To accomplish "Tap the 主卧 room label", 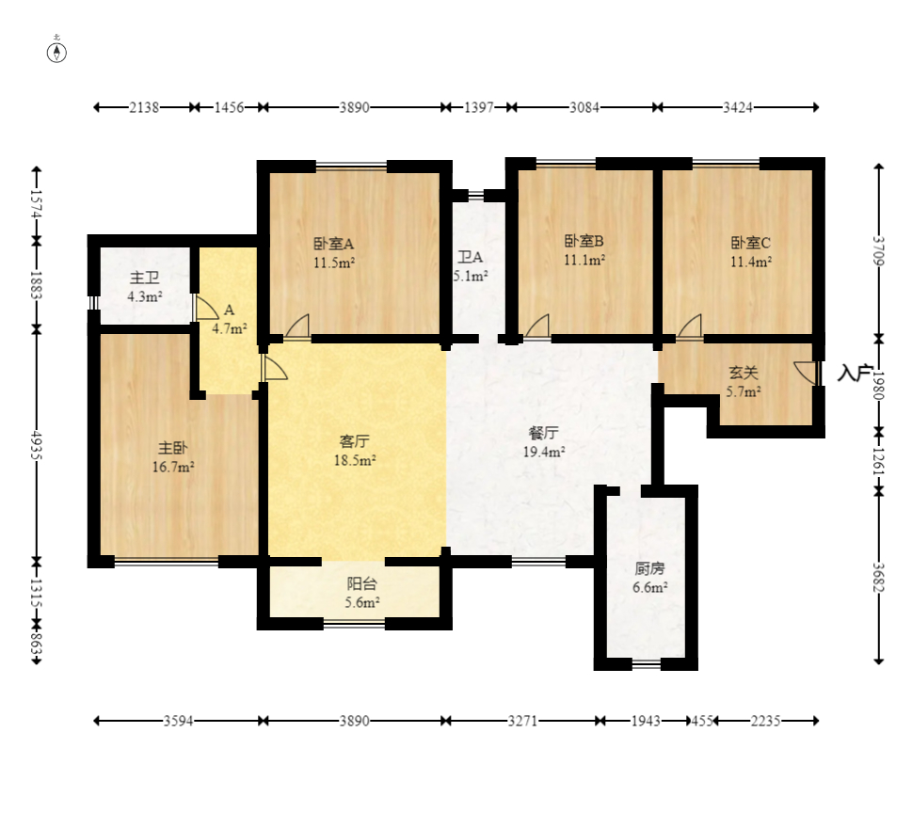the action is point(173,448).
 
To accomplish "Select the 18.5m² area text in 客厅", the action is point(355,460).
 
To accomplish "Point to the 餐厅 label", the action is point(544,433).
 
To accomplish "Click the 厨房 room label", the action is point(649,568).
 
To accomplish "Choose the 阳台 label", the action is point(361,583).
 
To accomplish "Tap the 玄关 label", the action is point(744,373).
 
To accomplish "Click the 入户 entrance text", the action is point(855,373).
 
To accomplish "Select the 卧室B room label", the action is point(584,241).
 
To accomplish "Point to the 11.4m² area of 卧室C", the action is point(751,262).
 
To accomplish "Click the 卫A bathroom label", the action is point(470,257).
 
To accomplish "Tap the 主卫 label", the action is point(144,278).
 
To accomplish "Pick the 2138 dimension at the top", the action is point(144,107).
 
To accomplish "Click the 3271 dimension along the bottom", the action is point(522,721).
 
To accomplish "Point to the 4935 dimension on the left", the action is point(37,445).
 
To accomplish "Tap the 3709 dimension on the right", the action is point(879,250).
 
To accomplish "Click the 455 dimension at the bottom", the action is point(702,721).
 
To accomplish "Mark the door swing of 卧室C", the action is point(690,326).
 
